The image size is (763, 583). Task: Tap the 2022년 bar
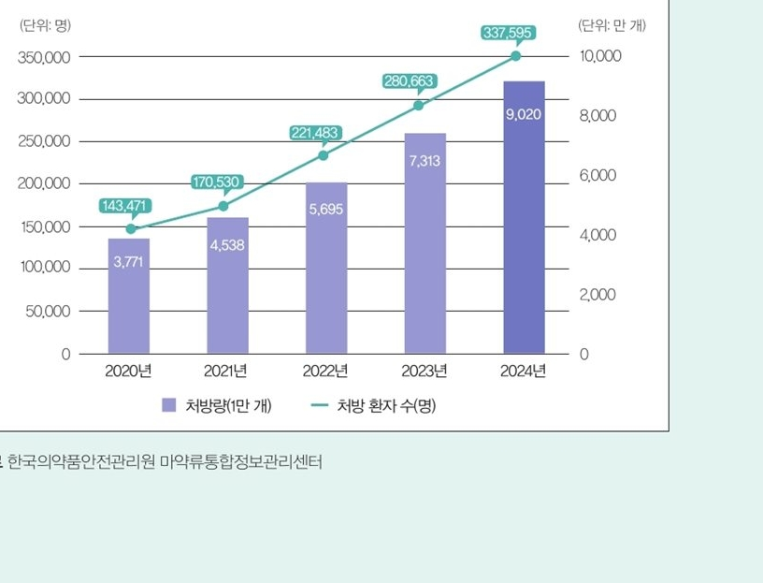(x=326, y=271)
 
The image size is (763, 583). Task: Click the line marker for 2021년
(x=223, y=206)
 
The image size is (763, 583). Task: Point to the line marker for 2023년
(x=418, y=105)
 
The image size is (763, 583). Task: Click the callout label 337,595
(x=508, y=33)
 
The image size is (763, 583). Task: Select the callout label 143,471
(x=125, y=205)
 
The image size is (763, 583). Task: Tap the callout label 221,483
(x=315, y=133)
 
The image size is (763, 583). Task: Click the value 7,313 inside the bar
(x=425, y=161)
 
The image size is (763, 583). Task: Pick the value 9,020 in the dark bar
(x=523, y=114)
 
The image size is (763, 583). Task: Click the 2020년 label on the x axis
(x=128, y=371)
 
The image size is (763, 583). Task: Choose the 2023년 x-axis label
(x=425, y=371)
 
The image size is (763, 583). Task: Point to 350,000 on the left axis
(x=44, y=57)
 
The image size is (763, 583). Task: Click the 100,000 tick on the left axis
(x=44, y=268)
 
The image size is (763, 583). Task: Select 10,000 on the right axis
(x=600, y=56)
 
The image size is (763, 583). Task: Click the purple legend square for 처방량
(x=168, y=404)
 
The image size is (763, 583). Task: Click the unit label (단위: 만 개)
(x=612, y=24)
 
